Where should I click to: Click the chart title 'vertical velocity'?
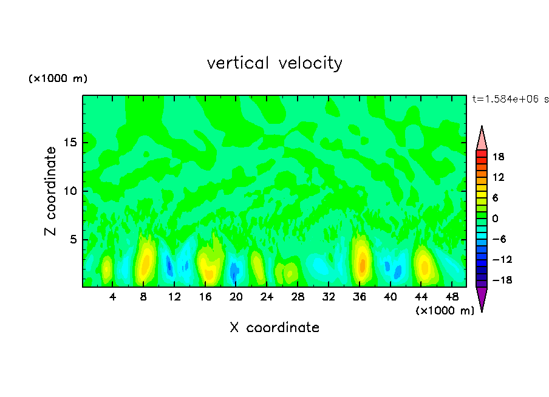[x=274, y=63]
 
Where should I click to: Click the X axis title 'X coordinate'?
[x=274, y=328]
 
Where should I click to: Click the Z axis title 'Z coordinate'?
[x=51, y=191]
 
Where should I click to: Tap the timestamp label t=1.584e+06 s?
[x=510, y=99]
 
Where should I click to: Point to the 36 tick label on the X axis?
[x=360, y=297]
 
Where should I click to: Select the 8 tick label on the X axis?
[x=143, y=297]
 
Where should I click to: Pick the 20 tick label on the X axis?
[x=236, y=297]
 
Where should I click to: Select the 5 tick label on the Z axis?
[x=73, y=240]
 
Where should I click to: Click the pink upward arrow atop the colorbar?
[x=482, y=138]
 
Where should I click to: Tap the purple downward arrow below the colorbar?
[x=482, y=298]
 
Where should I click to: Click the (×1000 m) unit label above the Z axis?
[x=58, y=79]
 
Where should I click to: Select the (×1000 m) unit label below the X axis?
[x=445, y=310]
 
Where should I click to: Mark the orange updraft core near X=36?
[x=362, y=265]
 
